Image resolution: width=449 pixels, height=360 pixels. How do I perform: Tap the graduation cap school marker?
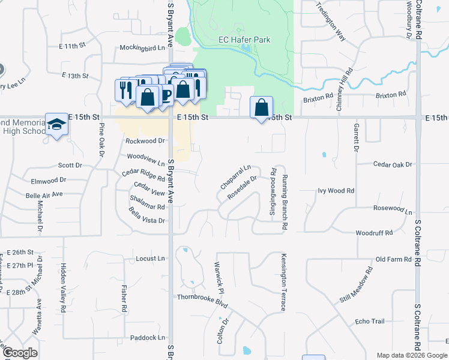(56, 125)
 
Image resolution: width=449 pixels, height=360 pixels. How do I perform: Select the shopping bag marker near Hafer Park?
(261, 108)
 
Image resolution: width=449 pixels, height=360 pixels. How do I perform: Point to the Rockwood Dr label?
(145, 141)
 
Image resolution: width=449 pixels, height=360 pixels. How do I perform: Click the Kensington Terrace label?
(283, 282)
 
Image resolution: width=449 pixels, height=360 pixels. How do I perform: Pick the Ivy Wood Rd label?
(336, 191)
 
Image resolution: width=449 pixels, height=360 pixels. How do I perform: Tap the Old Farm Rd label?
(394, 259)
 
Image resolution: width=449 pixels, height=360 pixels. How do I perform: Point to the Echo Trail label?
(369, 322)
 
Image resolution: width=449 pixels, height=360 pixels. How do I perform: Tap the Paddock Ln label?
(147, 338)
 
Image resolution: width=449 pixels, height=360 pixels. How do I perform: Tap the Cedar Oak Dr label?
(393, 164)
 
